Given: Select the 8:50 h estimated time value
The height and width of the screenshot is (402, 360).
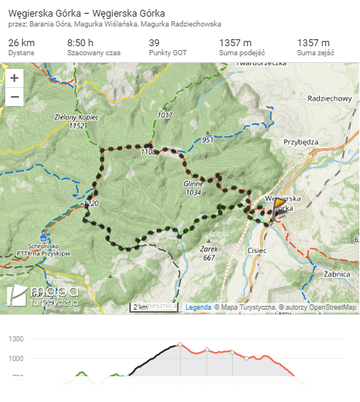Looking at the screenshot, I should pos(81,42).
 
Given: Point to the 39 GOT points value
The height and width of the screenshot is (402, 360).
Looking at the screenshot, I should pos(154,42).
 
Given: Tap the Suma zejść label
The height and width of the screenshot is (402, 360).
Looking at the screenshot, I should pos(316,54).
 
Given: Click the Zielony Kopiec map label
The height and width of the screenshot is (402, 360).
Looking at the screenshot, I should pos(78,117).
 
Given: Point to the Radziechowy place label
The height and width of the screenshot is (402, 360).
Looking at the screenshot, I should pos(331,98).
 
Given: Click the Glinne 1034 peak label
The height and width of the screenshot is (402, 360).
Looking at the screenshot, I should pos(194,188).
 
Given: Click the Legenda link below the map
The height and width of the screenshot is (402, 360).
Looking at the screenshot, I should pos(198,307).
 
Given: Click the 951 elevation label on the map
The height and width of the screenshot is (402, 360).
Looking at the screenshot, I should pos(209,140).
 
